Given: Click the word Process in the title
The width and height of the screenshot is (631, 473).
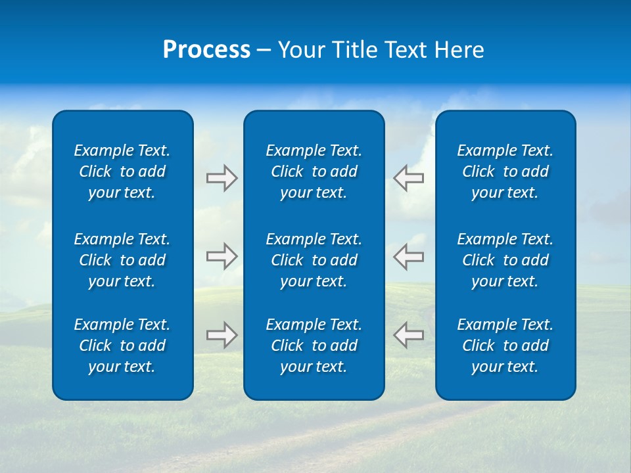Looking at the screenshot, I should (206, 50).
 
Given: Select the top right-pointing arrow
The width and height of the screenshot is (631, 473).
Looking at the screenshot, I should (222, 178).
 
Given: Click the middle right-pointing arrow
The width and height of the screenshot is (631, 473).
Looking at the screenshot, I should (222, 256).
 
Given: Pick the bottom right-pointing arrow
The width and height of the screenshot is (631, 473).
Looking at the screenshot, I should (222, 335).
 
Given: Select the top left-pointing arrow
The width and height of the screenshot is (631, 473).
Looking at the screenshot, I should (408, 178).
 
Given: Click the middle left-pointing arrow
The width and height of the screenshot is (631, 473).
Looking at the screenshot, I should (408, 256).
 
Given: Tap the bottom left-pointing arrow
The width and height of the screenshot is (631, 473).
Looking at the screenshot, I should (408, 335).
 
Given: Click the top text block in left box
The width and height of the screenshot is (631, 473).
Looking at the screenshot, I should (122, 171).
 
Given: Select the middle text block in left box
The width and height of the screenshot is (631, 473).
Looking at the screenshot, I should (122, 260).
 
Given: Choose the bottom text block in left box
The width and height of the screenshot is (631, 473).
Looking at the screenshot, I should (122, 346).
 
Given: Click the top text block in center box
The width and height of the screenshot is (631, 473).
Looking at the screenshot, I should (314, 171).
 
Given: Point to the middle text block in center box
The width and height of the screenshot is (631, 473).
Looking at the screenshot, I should (314, 260).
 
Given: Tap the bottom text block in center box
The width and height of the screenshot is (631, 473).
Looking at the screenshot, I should (314, 346).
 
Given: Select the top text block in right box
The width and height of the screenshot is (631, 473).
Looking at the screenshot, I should (505, 171).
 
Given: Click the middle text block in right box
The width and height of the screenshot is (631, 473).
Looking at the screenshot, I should (505, 260).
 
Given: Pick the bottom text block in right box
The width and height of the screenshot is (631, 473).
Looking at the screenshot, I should (505, 346).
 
